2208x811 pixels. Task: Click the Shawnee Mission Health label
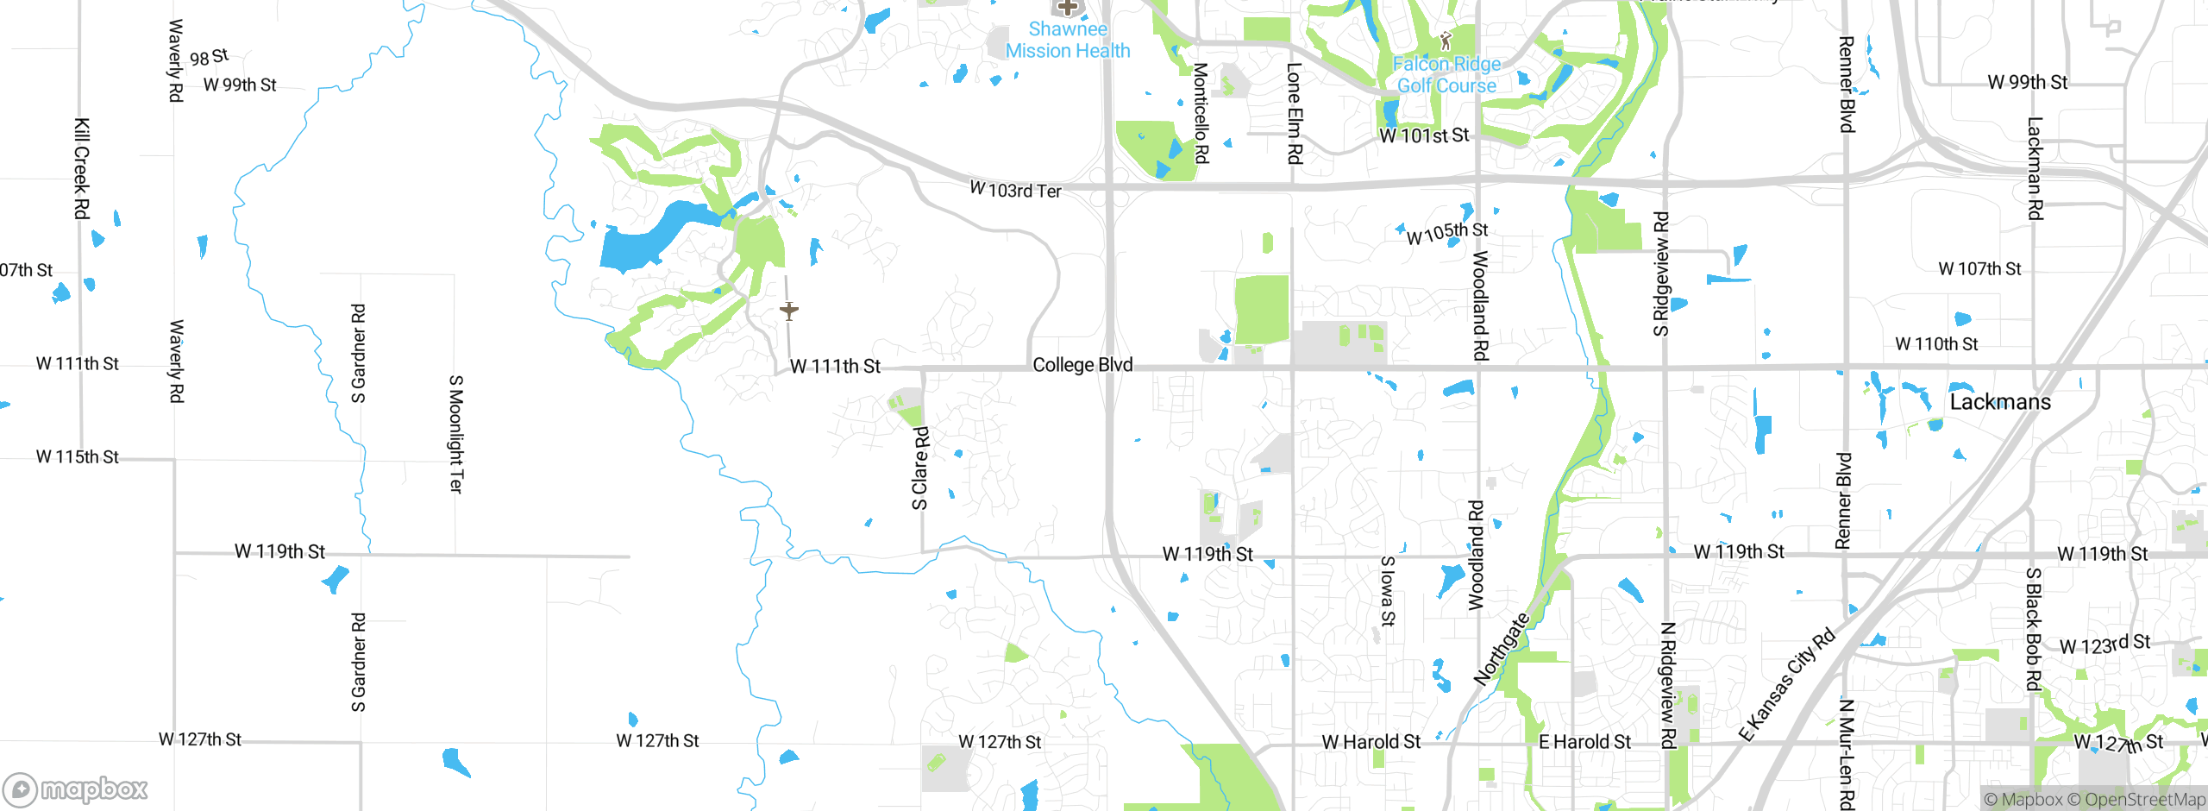(x=1067, y=40)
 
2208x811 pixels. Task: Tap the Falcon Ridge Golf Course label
(x=1446, y=75)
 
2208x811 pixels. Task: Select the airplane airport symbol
(x=788, y=310)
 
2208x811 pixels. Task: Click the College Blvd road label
(x=1082, y=365)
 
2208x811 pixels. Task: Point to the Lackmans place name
(x=2000, y=402)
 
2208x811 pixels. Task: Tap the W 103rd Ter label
(x=1015, y=190)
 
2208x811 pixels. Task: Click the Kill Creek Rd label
(x=81, y=168)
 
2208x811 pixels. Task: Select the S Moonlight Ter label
(x=456, y=434)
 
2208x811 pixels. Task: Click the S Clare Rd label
(x=920, y=468)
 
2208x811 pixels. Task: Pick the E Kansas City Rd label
(x=1786, y=686)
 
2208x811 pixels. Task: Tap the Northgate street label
(x=1502, y=649)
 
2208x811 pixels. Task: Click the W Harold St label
(x=1371, y=742)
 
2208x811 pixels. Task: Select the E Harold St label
(x=1584, y=742)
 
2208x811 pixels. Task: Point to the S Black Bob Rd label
(x=2033, y=629)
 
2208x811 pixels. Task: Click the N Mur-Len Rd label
(x=1846, y=754)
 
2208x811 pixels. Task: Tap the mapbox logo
(x=76, y=789)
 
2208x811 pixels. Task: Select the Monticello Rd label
(x=1201, y=113)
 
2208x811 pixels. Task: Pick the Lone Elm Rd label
(x=1294, y=113)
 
